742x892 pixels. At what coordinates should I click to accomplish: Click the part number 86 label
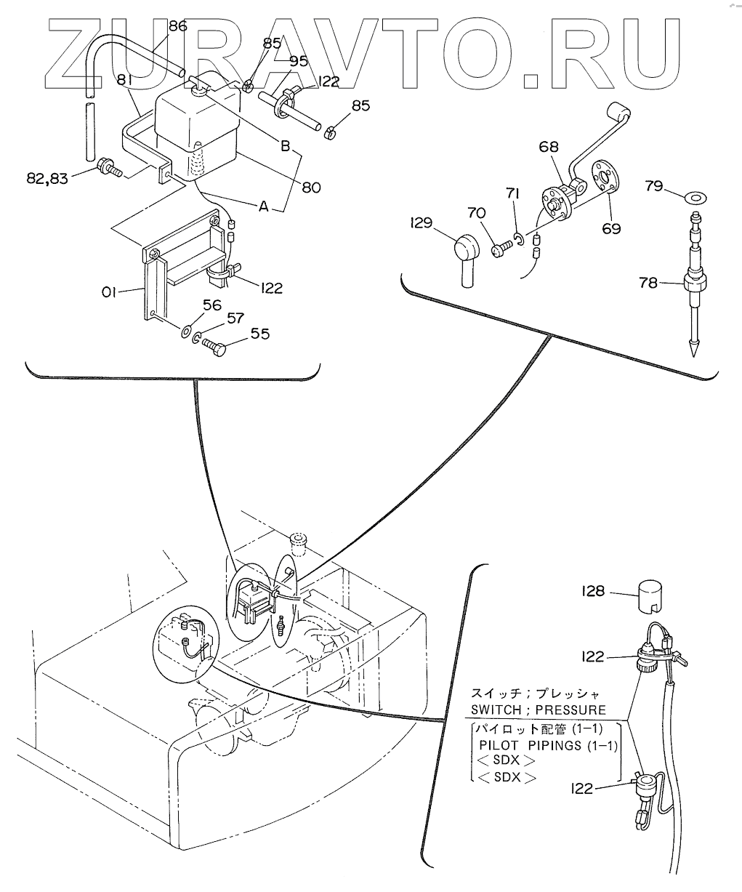pos(178,26)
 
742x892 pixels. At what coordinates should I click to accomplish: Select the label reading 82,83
pos(47,178)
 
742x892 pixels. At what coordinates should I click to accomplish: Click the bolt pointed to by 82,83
pos(109,168)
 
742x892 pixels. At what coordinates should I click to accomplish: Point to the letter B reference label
pos(286,147)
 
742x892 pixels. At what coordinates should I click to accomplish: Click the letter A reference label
pos(264,206)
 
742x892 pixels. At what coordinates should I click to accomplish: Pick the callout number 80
pos(311,188)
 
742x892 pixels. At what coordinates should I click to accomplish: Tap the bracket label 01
pos(109,293)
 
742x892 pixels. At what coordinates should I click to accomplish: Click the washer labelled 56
pos(187,331)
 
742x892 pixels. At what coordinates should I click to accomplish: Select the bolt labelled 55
pos(214,347)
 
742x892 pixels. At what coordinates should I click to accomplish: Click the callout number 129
pos(422,222)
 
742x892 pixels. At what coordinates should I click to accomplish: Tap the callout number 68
pos(549,147)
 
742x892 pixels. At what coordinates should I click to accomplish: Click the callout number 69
pos(611,228)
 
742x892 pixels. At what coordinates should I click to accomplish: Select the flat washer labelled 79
pos(695,198)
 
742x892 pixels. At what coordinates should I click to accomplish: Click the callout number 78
pos(648,282)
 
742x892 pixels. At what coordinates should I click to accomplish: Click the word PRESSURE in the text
pos(570,710)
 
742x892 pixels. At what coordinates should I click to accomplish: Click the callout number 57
pos(235,318)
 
